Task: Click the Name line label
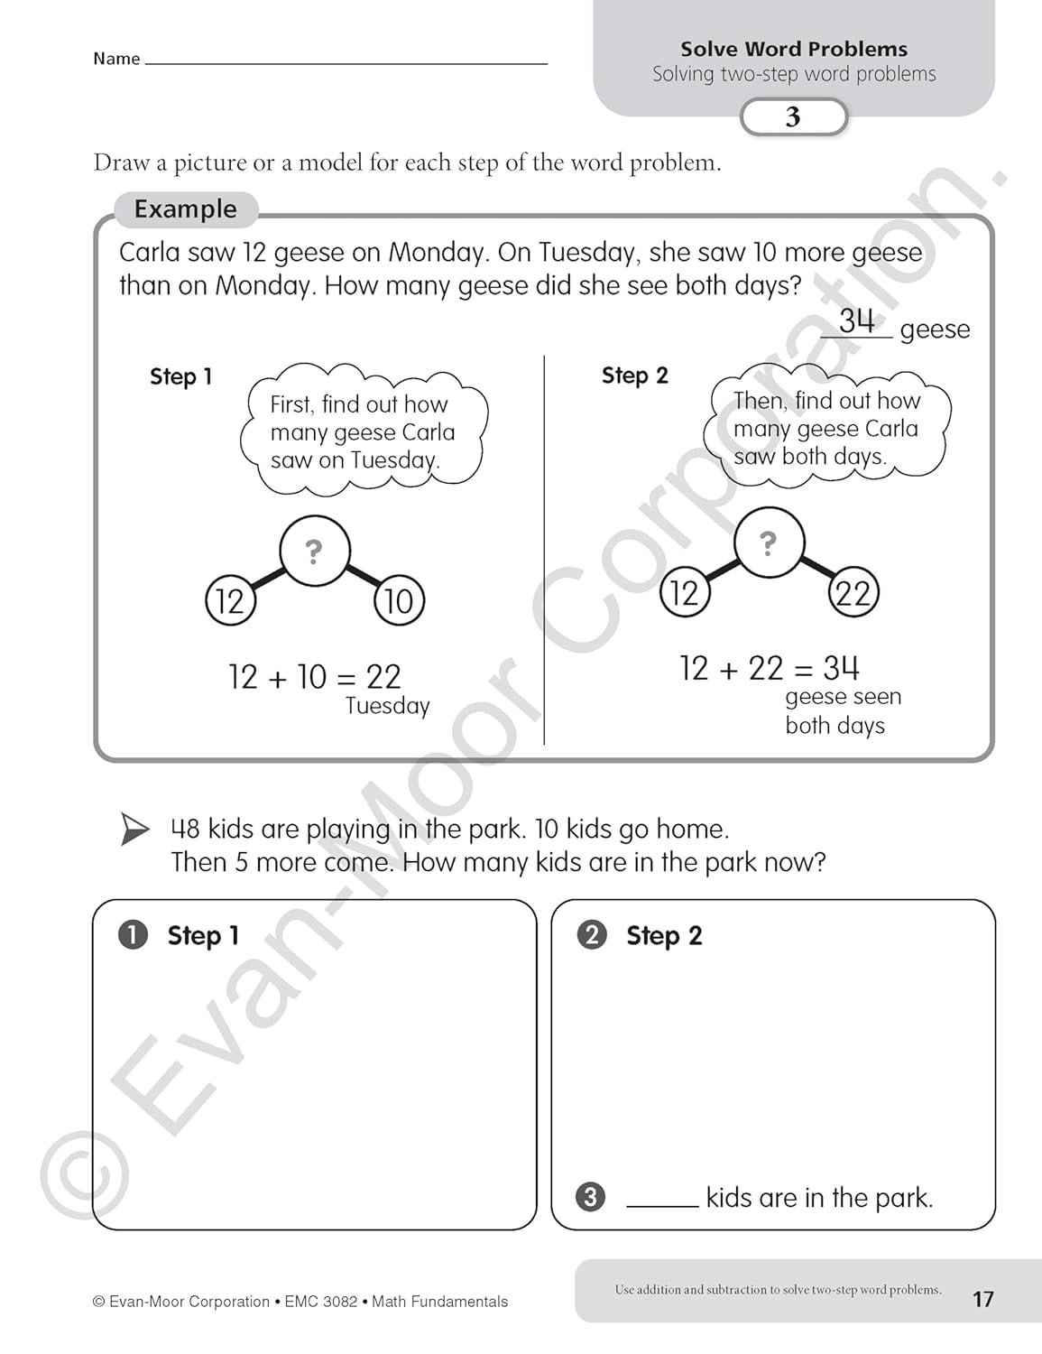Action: pyautogui.click(x=116, y=59)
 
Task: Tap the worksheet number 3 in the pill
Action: pyautogui.click(x=793, y=116)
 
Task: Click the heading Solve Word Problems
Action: pyautogui.click(x=794, y=49)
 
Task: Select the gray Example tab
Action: pyautogui.click(x=186, y=209)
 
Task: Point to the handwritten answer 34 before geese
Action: pyautogui.click(x=856, y=320)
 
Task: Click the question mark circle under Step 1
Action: pyautogui.click(x=314, y=551)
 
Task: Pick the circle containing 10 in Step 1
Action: pyautogui.click(x=399, y=600)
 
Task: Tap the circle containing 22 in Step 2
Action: pyautogui.click(x=853, y=592)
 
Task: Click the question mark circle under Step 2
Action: pyautogui.click(x=768, y=543)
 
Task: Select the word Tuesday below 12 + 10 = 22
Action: pyautogui.click(x=387, y=706)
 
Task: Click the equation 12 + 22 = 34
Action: pyautogui.click(x=769, y=668)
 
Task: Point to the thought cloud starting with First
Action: pyautogui.click(x=364, y=431)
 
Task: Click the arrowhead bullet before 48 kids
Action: pyautogui.click(x=135, y=829)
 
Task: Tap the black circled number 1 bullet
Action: pyautogui.click(x=133, y=934)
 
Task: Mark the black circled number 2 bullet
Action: pyautogui.click(x=592, y=934)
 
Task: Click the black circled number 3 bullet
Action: pyautogui.click(x=590, y=1197)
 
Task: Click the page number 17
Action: pyautogui.click(x=982, y=1299)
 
